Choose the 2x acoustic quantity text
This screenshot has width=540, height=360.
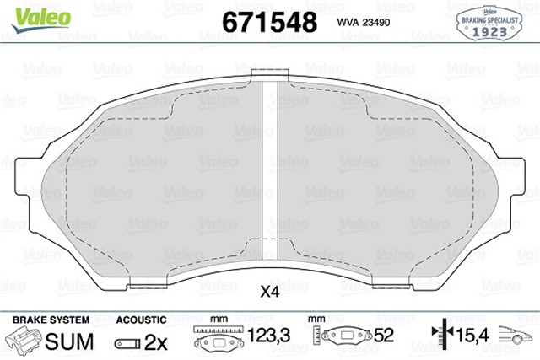point(157,343)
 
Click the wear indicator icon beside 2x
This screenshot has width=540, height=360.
point(127,344)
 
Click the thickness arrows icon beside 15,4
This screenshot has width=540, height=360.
point(438,338)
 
